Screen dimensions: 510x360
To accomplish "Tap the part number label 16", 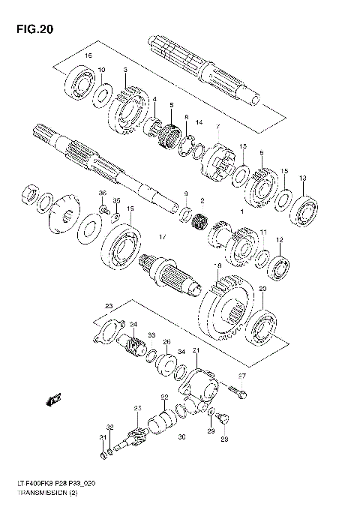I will click(x=88, y=56).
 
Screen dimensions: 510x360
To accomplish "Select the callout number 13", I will click(x=302, y=178).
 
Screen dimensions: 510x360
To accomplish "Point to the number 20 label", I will click(x=262, y=289).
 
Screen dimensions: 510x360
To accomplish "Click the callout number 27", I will click(x=242, y=376).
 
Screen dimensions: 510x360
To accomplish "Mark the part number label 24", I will click(x=133, y=324).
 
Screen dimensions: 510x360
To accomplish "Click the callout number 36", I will click(x=103, y=193).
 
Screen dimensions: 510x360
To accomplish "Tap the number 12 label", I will click(x=279, y=240).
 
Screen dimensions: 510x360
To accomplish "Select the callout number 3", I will click(x=125, y=70).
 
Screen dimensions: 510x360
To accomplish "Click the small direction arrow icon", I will click(x=54, y=398).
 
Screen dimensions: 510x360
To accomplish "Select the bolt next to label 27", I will click(x=236, y=390).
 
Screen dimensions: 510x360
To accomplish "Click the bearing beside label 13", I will click(x=304, y=202).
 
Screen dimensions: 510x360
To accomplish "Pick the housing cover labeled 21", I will click(x=199, y=382).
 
